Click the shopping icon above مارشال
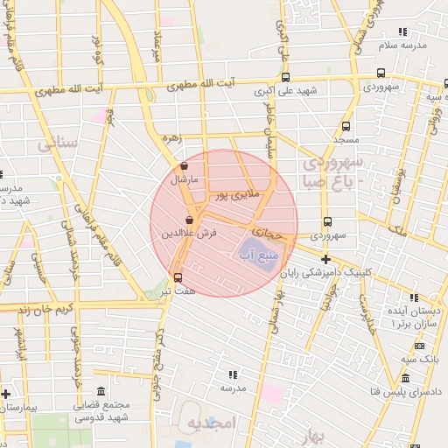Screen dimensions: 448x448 (x=184, y=165)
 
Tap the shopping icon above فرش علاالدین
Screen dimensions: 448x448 (x=190, y=220)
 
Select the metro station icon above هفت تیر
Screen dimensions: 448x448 (x=178, y=277)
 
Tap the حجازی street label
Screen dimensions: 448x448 (x=269, y=234)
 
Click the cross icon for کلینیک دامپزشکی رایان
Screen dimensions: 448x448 (x=326, y=259)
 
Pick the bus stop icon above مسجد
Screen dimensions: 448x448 (x=346, y=126)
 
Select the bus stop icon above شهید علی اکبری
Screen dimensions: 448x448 (x=284, y=75)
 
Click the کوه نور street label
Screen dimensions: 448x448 (x=100, y=50)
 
